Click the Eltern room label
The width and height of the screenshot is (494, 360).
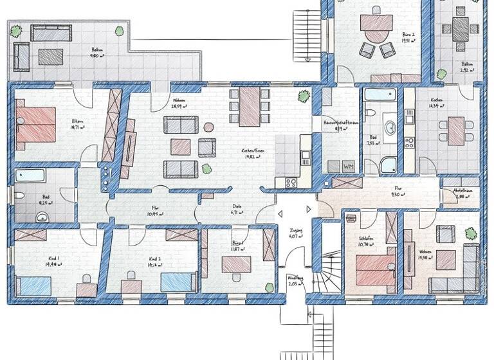point(77,122)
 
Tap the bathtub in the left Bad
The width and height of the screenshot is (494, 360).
point(32,175)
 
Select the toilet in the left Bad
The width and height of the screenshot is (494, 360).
point(20,195)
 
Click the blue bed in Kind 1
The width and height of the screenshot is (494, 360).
point(33,285)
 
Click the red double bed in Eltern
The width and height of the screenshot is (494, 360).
point(35,124)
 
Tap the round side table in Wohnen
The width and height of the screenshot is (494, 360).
point(208,127)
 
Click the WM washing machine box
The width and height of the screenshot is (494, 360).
point(349,166)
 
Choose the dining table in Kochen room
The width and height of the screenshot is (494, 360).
point(456,130)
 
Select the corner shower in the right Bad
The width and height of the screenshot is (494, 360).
point(389,165)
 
